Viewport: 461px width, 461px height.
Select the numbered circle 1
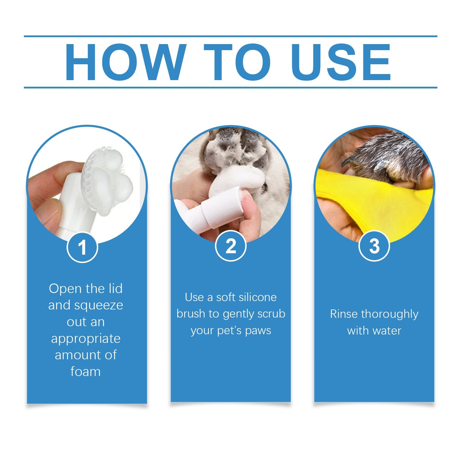coord(82,247)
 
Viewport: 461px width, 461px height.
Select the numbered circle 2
coord(231,246)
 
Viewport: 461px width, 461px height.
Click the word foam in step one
coord(86,371)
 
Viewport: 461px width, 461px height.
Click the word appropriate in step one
coord(86,338)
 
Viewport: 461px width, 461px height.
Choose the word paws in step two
coord(258,330)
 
